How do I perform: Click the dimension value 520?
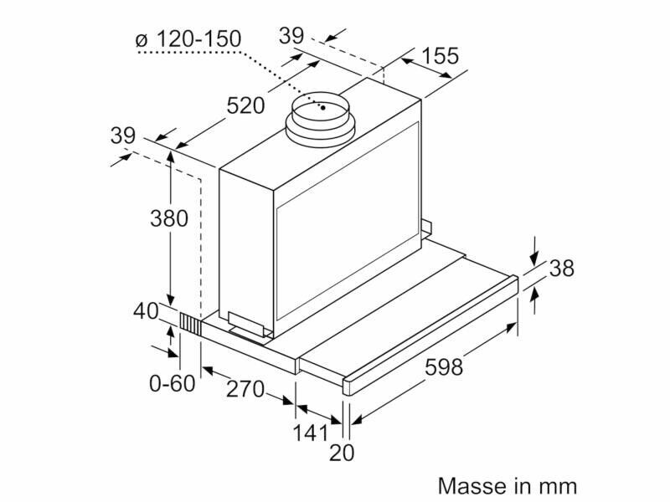(245, 105)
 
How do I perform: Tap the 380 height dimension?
(169, 218)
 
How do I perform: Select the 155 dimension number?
(440, 56)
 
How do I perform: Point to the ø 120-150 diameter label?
(188, 38)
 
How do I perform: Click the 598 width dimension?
(445, 367)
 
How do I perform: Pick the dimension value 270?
(245, 389)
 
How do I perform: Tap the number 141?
(310, 433)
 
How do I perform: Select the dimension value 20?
(342, 453)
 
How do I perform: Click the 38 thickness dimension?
(561, 269)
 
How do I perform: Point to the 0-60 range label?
(172, 383)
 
